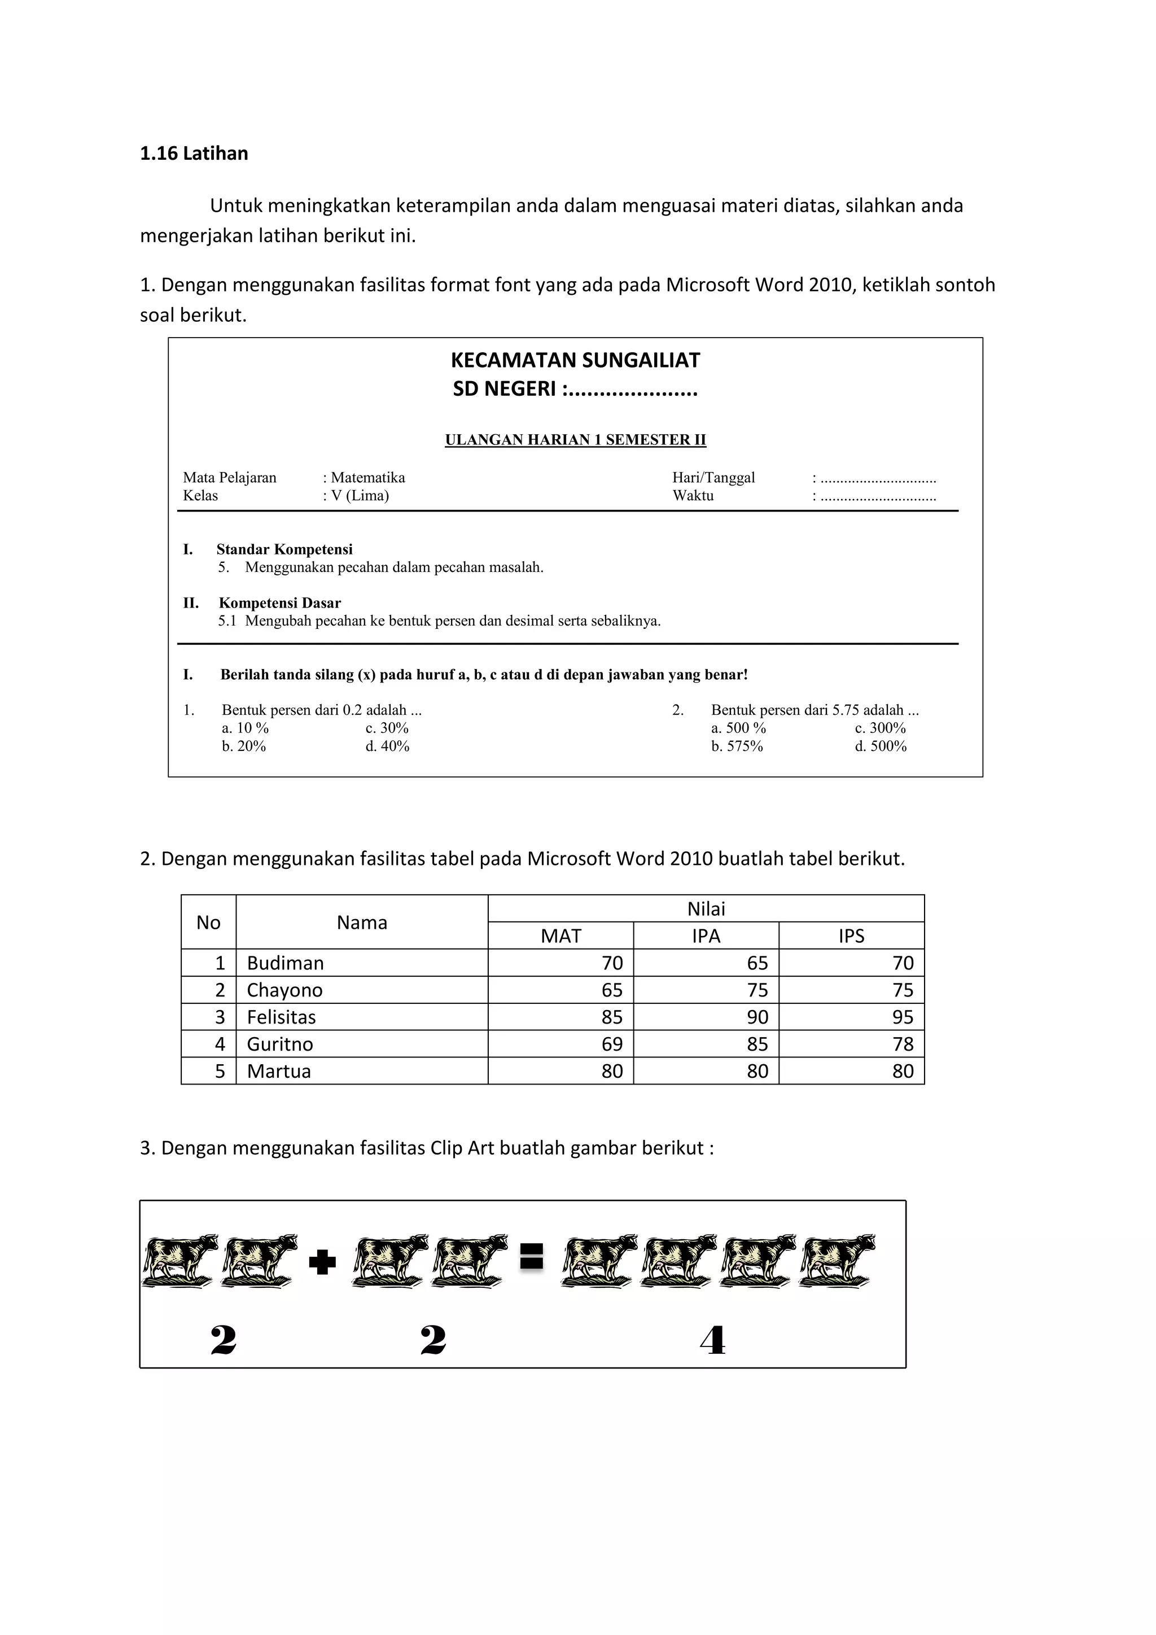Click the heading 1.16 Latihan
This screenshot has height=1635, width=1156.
point(194,154)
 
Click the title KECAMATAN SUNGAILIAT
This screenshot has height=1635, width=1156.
point(575,360)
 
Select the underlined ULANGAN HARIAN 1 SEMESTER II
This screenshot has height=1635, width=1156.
point(575,440)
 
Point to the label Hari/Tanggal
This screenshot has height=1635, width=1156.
point(713,478)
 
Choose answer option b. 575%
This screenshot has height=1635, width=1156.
point(737,746)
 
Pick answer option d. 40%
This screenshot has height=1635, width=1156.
point(387,746)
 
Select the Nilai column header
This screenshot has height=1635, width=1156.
point(706,908)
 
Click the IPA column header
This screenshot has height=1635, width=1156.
point(706,935)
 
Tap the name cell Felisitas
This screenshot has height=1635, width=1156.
point(281,1017)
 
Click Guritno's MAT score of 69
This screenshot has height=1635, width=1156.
point(611,1044)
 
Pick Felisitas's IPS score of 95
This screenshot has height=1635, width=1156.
point(902,1017)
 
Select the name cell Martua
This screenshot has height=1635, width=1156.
point(278,1071)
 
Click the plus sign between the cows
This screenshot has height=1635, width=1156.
point(322,1262)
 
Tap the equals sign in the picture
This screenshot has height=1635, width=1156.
point(531,1257)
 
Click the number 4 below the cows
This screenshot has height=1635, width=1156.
point(712,1341)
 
